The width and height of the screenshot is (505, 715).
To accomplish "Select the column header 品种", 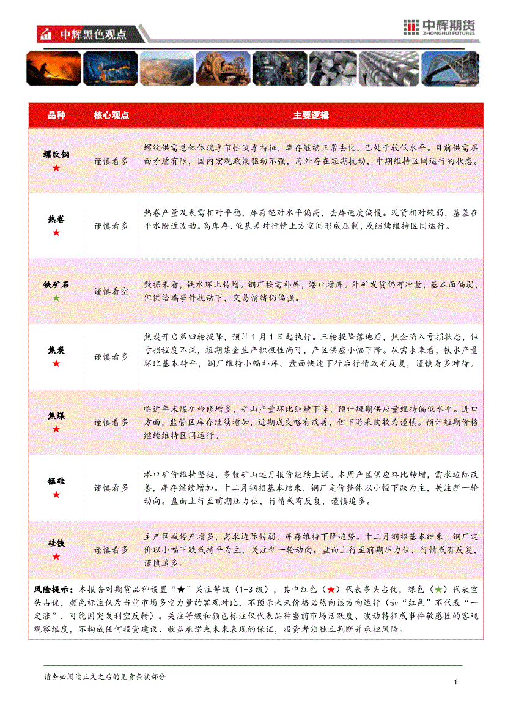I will [56, 115].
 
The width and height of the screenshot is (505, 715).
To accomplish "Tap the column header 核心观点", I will [111, 115].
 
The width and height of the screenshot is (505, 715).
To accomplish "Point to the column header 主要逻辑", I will [311, 115].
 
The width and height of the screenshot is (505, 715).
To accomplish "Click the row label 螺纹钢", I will [56, 155].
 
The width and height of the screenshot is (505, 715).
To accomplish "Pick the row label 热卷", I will [56, 220].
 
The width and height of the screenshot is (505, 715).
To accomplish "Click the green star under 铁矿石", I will [56, 298].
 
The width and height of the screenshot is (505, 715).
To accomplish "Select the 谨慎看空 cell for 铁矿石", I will [111, 291].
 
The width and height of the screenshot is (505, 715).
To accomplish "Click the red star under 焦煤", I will [56, 429].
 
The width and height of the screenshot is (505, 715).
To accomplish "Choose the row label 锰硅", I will [56, 481].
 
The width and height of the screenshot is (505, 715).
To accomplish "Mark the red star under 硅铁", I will [56, 557].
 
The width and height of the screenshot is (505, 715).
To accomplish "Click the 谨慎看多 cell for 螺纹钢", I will [111, 161].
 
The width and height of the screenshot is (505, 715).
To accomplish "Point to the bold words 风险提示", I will [53, 590].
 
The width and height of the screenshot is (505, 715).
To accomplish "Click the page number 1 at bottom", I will [456, 683].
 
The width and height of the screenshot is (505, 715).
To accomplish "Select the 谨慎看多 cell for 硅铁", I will [111, 550].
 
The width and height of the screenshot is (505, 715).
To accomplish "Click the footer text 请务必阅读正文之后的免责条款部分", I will [105, 676].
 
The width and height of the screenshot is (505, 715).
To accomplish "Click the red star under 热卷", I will [56, 233].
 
